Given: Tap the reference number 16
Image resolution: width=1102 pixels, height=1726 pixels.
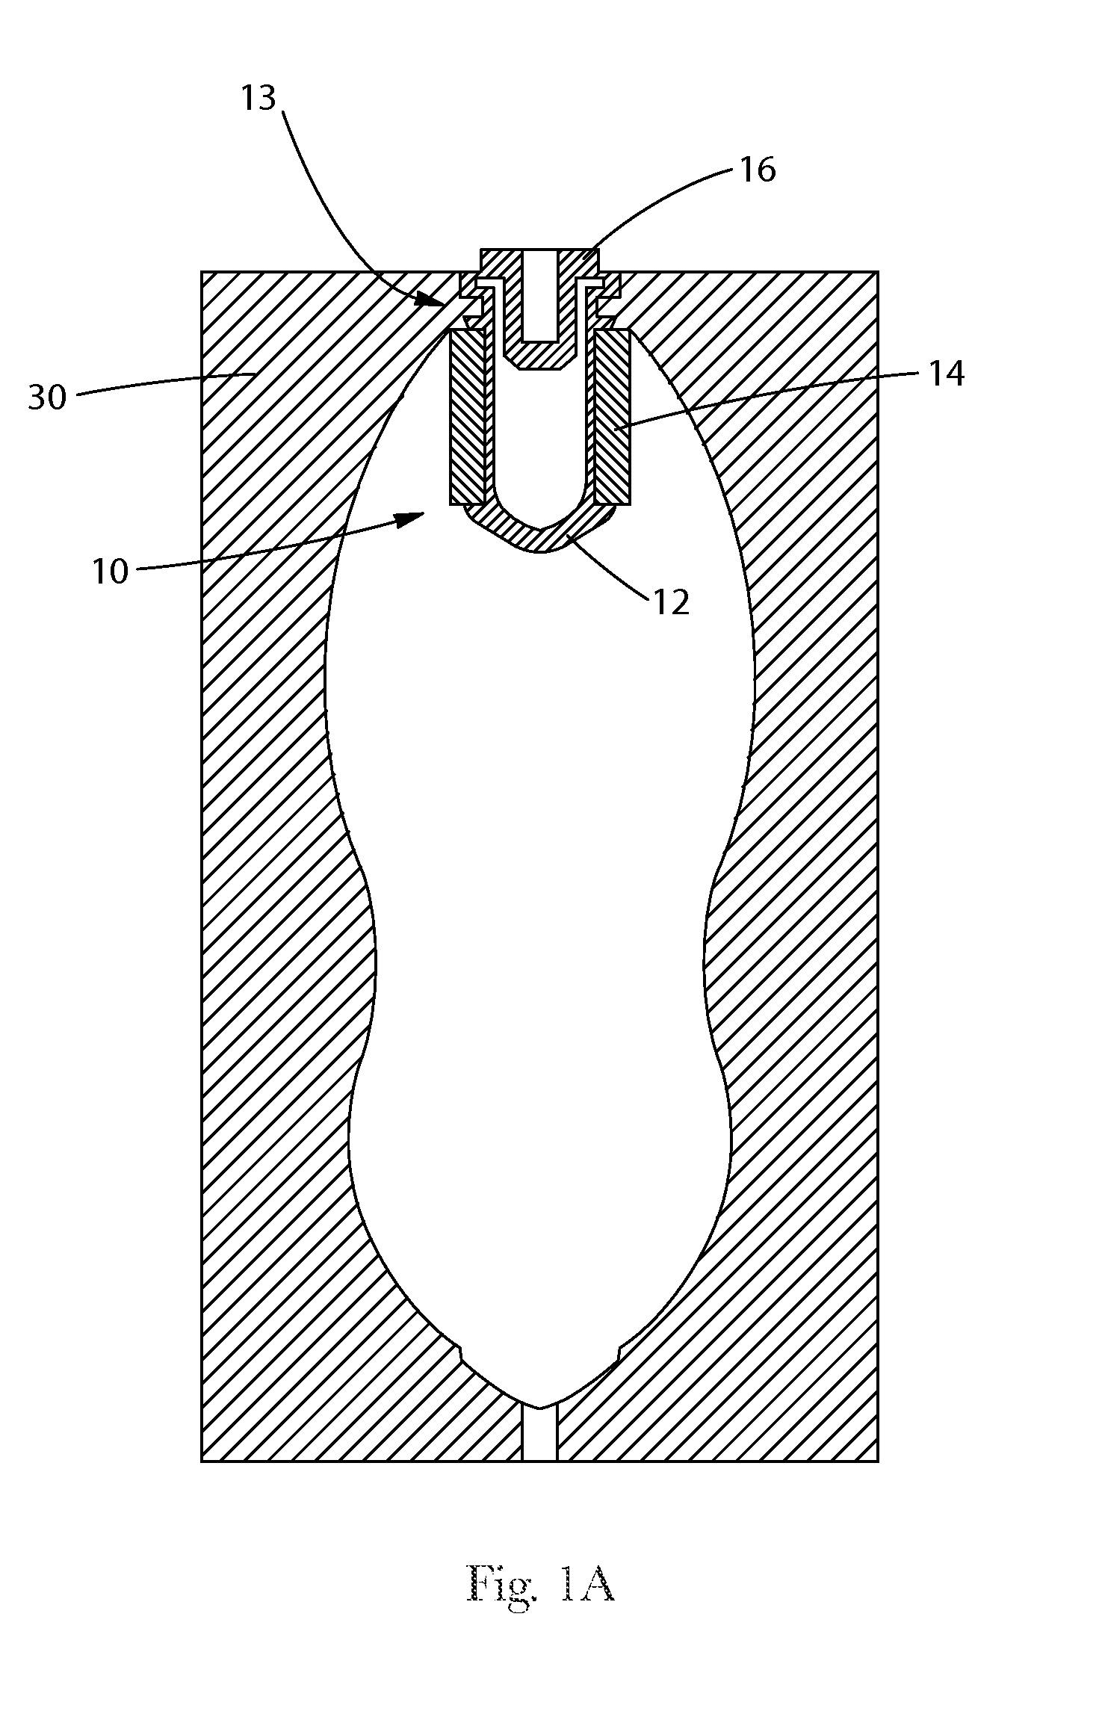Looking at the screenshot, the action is click(758, 170).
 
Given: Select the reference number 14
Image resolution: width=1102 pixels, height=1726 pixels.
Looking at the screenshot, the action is click(946, 374).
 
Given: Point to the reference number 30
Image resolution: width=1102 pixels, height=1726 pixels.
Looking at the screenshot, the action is click(48, 398).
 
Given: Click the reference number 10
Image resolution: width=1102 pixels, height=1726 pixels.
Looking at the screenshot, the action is click(111, 572).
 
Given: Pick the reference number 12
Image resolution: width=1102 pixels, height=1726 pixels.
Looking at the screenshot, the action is click(671, 602).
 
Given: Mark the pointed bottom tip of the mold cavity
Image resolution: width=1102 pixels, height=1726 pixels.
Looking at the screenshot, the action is click(540, 1408).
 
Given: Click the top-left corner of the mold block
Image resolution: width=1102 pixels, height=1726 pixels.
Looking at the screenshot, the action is click(202, 271).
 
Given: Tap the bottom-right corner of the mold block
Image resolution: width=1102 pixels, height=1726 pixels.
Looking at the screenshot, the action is click(878, 1461).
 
